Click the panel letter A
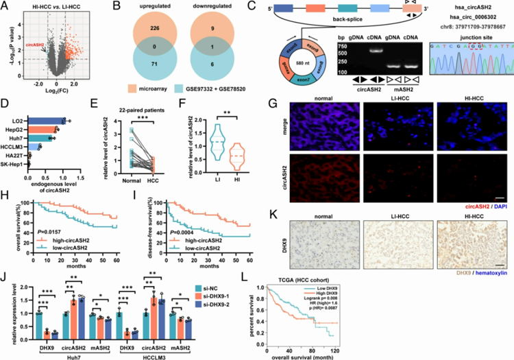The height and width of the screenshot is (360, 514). coord(5,7)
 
